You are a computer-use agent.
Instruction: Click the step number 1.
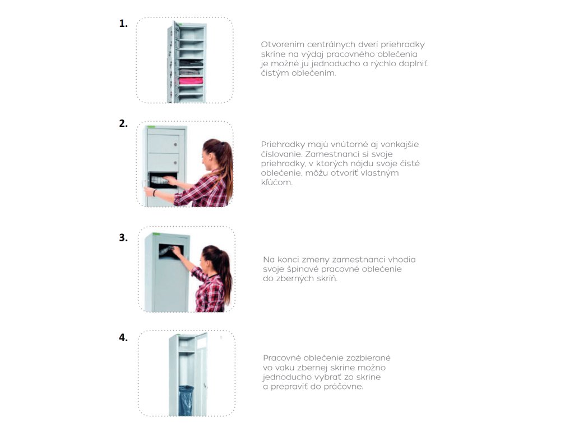(123, 24)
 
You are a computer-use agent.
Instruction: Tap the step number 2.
(123, 123)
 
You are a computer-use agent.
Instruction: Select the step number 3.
(123, 237)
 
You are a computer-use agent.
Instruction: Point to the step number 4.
(123, 337)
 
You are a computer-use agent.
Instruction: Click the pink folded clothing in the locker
(191, 81)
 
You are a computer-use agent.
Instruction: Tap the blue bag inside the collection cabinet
(186, 400)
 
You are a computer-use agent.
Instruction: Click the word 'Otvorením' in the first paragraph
(283, 45)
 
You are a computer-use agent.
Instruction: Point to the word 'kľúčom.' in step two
(277, 182)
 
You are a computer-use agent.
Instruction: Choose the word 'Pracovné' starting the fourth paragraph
(281, 357)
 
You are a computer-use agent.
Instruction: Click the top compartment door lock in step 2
(175, 145)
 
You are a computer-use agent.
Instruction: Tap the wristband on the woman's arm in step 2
(155, 193)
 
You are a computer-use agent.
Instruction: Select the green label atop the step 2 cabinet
(151, 127)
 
